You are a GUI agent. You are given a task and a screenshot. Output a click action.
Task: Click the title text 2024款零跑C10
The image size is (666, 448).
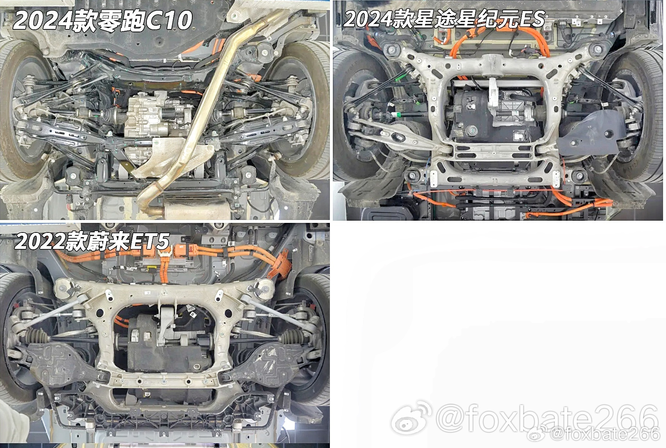[x=102, y=20]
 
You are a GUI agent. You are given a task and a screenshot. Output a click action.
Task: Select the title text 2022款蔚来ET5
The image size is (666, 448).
[x=92, y=241]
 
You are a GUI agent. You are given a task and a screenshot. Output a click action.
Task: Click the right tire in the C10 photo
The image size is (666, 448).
[x=305, y=110]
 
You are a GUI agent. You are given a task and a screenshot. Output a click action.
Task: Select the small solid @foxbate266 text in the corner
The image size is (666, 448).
[x=605, y=434]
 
